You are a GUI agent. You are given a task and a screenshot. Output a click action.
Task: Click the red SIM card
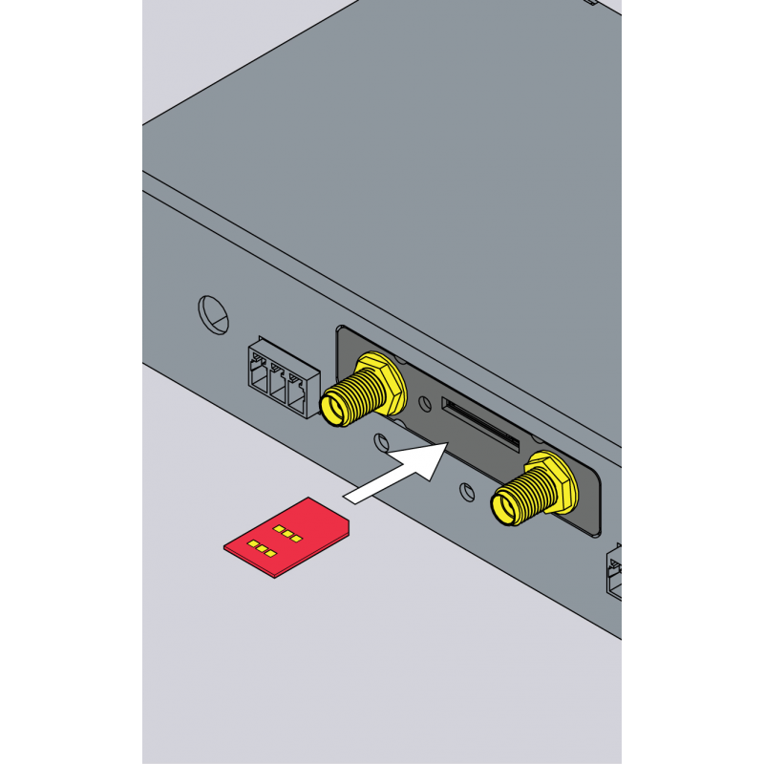click(286, 540)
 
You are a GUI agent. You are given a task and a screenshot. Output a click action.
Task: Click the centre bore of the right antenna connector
click(502, 507)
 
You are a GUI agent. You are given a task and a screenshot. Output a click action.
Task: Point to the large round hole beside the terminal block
click(213, 314)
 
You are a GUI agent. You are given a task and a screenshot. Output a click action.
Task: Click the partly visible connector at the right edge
click(613, 573)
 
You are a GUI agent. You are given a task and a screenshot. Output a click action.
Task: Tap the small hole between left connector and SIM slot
click(381, 443)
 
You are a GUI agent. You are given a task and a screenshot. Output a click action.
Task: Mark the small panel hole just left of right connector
click(466, 492)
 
